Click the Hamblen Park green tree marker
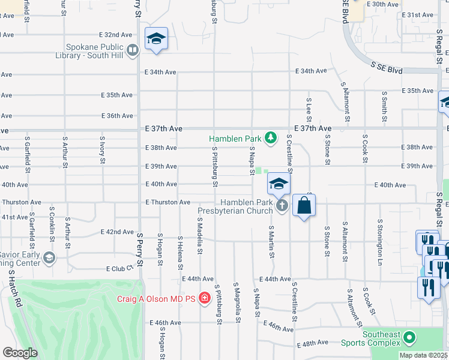point(271,139)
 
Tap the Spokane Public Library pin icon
point(133,51)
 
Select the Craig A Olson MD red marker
point(205,298)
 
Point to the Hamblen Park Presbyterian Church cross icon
point(283,206)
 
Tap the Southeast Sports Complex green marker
point(410,338)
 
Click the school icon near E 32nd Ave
point(156,39)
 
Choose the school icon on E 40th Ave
point(279,184)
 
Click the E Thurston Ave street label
point(167,203)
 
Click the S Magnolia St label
point(237,302)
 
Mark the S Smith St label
point(384,106)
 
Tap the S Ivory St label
point(103,150)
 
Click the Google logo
point(20,353)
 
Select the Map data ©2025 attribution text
point(423,355)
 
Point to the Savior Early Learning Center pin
point(49,258)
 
